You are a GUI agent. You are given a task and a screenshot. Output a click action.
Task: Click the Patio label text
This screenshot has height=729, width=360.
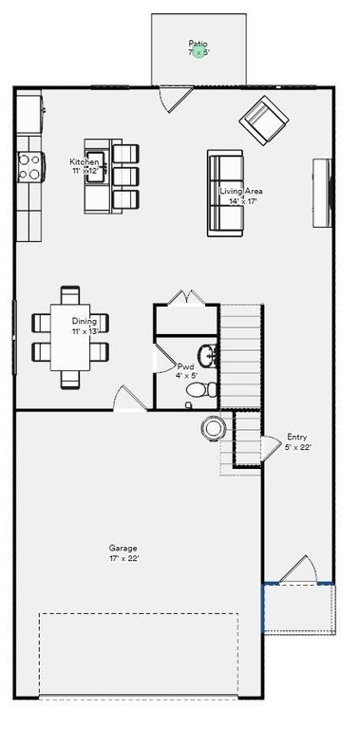point(198,44)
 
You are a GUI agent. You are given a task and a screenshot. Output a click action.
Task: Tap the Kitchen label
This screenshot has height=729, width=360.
point(84,162)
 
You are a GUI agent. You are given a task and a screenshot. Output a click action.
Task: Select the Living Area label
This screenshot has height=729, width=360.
point(241,192)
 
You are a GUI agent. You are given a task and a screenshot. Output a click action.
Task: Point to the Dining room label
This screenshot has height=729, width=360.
point(84,321)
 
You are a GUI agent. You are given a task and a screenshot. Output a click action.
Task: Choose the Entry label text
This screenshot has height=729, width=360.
point(296,438)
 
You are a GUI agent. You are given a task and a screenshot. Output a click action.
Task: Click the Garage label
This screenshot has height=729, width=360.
point(123,549)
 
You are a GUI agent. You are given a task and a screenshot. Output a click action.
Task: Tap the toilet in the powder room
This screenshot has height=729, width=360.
point(201,389)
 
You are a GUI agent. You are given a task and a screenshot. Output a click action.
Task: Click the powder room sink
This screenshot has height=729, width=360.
point(213,356)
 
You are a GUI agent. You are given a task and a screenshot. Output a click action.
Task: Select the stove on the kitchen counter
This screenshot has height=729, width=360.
point(29,167)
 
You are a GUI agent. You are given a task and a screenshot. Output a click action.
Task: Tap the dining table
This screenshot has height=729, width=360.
point(71,336)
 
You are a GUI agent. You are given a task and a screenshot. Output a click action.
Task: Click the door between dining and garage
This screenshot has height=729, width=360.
point(126,399)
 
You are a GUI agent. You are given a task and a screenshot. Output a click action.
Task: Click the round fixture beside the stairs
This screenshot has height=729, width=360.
point(213,428)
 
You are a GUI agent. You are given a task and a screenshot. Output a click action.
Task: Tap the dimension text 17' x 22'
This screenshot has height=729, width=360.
point(123,559)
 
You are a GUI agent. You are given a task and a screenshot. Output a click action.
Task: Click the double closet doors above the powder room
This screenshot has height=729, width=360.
point(187,297)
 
